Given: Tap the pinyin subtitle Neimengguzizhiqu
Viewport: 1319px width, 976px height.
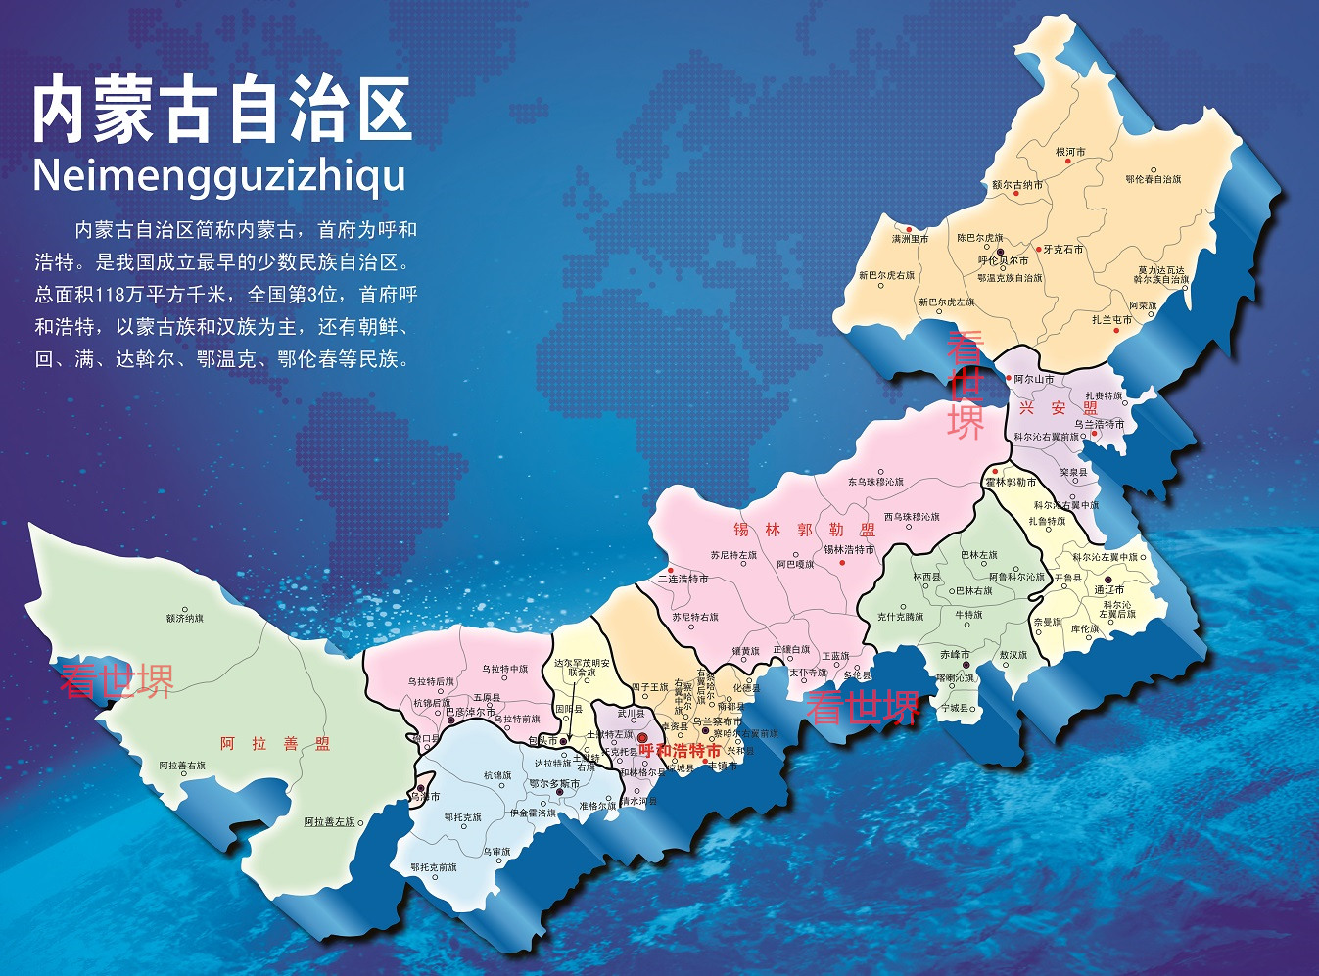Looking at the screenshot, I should [219, 176].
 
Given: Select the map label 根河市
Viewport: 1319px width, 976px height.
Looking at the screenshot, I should [1070, 152].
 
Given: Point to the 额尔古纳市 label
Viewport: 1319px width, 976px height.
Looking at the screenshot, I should [1017, 184].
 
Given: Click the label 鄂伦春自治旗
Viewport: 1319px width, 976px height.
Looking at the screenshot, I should [1153, 179].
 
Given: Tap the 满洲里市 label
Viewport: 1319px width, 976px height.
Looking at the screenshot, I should [910, 238].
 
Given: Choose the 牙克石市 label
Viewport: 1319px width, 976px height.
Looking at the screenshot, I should [1062, 249].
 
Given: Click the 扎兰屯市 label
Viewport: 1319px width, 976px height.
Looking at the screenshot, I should [1111, 319].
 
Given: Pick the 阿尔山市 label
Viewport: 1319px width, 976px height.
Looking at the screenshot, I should [1033, 379].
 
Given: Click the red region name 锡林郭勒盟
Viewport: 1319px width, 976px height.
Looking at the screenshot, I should [804, 530].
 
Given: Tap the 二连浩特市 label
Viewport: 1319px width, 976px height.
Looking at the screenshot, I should [683, 579].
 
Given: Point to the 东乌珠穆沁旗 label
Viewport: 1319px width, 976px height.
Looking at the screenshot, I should [875, 482].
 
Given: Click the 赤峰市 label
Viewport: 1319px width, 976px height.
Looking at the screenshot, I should [955, 654].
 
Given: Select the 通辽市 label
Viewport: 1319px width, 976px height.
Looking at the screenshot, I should [1108, 589].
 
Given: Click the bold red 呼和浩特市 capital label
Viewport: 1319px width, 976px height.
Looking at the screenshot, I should [680, 751].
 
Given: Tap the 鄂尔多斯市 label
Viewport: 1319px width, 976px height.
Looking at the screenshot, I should [554, 783].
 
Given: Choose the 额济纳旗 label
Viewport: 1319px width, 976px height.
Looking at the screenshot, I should [184, 618].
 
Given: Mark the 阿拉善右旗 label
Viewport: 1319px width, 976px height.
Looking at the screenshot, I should [182, 766].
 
